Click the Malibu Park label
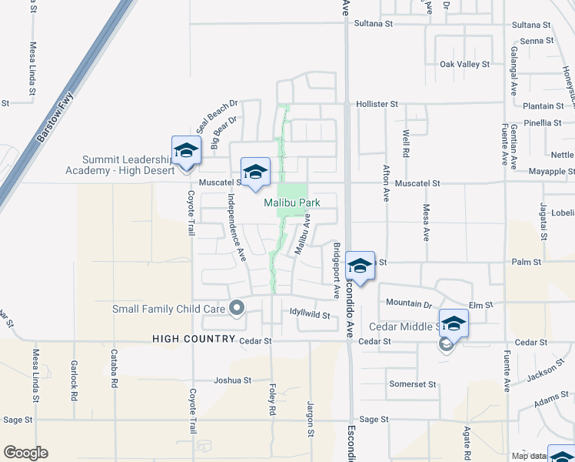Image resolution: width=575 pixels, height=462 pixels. (291, 203)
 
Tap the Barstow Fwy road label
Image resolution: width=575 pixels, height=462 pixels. (54, 118)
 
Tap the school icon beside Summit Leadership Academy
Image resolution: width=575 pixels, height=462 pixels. (186, 150)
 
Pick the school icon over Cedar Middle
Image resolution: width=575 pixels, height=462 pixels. (454, 323)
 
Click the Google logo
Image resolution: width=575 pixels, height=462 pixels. (25, 453)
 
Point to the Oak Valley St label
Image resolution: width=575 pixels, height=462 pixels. (464, 65)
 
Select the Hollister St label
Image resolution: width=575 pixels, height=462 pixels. (377, 103)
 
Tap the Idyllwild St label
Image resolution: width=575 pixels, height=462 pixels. (310, 315)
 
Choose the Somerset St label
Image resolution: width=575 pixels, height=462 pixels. (412, 384)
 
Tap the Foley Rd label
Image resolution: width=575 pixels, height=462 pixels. (271, 400)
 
